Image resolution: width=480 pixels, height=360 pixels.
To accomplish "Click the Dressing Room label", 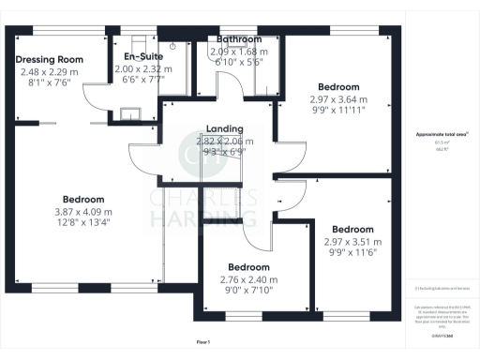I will (50, 59).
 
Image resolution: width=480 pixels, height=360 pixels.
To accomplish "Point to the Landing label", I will (225, 129).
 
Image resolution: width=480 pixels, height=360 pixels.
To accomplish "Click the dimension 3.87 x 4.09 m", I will (83, 211).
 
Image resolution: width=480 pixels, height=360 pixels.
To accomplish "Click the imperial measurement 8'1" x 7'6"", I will (50, 81).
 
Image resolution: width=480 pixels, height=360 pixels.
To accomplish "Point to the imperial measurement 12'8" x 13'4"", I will (83, 222).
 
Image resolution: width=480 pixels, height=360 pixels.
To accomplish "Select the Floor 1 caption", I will (203, 342).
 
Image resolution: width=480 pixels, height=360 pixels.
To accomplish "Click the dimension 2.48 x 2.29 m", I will (50, 70).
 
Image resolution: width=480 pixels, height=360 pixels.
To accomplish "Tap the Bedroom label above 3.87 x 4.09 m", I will (83, 200).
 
